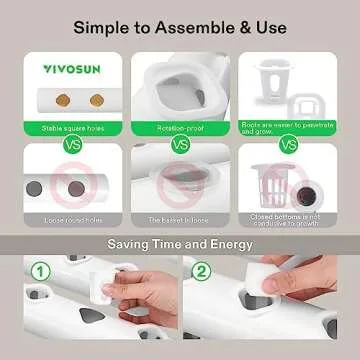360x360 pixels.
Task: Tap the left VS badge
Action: pyautogui.click(x=68, y=143)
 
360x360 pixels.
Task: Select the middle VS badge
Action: pyautogui.click(x=180, y=143)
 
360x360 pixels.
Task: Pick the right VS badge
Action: pyautogui.click(x=291, y=143)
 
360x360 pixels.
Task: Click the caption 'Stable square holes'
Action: pyautogui.click(x=68, y=128)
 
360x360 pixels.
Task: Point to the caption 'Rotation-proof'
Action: pyautogui.click(x=180, y=128)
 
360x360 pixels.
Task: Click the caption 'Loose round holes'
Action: pyautogui.click(x=68, y=219)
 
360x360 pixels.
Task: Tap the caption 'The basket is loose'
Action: pyautogui.click(x=180, y=219)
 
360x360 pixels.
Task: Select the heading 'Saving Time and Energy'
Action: pyautogui.click(x=180, y=244)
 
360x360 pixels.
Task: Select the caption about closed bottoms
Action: pyautogui.click(x=291, y=219)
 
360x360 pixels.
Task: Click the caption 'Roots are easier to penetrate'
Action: pyautogui.click(x=291, y=127)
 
